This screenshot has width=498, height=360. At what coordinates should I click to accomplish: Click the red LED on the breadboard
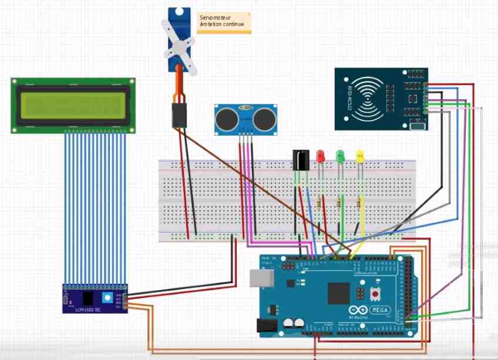320,156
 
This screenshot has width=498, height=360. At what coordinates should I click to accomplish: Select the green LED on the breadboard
339,156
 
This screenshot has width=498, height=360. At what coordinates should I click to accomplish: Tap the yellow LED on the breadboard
361,156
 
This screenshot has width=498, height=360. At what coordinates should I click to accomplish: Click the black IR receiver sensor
300,160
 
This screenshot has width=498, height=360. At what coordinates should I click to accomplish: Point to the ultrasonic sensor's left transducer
226,120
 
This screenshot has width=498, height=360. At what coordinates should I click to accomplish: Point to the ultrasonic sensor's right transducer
264,120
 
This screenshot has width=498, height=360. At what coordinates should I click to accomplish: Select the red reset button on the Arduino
374,291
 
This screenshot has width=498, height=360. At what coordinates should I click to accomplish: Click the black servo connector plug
179,116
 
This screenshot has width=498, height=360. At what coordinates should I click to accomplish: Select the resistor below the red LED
319,203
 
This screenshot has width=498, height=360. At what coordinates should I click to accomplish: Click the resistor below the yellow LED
359,203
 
